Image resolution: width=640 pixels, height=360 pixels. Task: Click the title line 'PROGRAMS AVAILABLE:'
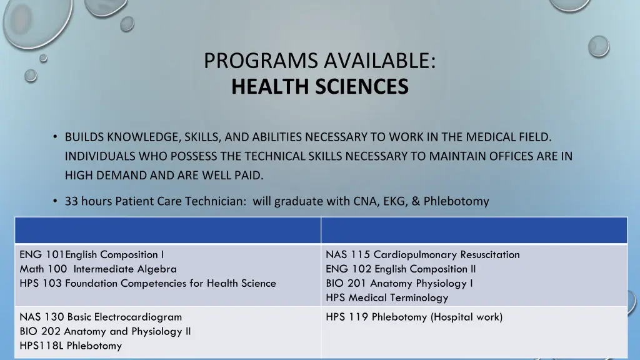[319, 61]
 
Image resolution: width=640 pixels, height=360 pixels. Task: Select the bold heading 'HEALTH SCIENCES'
[319, 86]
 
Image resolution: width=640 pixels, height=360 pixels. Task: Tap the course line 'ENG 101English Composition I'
[92, 254]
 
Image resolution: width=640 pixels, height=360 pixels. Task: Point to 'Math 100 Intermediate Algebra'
[98, 269]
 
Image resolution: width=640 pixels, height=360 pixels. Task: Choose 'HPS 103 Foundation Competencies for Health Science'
[147, 283]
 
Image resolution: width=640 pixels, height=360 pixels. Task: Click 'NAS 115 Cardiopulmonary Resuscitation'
[422, 254]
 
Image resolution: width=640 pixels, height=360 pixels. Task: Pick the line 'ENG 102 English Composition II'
[401, 269]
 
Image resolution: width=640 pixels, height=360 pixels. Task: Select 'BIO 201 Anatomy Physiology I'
[399, 283]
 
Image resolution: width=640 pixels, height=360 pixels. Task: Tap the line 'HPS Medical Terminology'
[387, 297]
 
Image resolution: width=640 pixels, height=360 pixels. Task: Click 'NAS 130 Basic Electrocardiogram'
[101, 317]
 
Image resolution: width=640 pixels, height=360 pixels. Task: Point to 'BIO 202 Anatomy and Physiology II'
[105, 331]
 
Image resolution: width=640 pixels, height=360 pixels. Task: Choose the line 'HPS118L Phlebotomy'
[71, 346]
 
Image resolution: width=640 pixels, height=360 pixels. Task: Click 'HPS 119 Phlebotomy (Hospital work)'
[414, 317]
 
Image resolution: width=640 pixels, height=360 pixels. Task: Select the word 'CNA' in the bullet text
[361, 201]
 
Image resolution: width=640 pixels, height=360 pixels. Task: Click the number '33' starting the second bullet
[71, 201]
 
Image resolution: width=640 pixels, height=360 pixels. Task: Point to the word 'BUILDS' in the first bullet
[84, 136]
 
